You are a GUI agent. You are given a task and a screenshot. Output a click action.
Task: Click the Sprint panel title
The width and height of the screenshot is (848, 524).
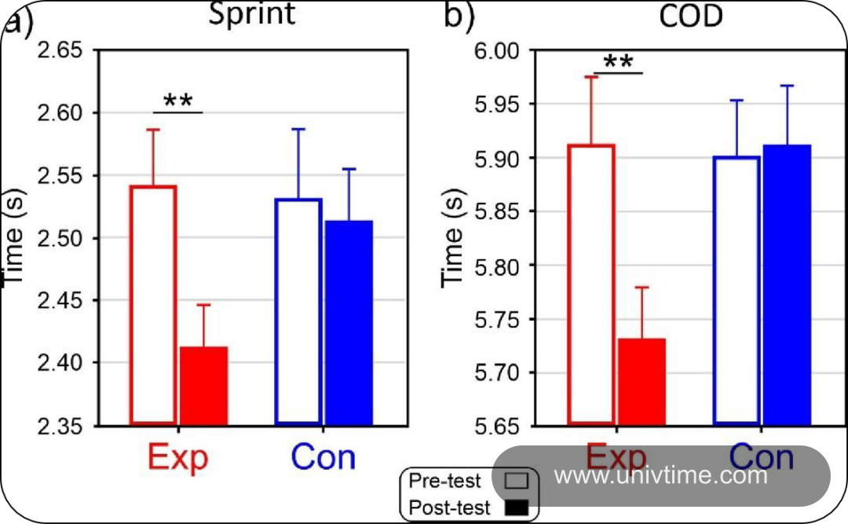click(252, 13)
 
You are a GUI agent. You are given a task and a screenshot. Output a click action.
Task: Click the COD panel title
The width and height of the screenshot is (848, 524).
click(691, 15)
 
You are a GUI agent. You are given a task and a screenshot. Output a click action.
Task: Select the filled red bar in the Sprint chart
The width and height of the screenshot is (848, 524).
click(204, 386)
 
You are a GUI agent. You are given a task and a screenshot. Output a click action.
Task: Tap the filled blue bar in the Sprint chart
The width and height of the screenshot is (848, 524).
click(349, 323)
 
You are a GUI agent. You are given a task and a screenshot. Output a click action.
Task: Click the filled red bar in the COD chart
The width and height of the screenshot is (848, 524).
click(642, 382)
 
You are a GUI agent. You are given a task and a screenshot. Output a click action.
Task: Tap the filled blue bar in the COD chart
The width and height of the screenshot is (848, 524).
click(787, 285)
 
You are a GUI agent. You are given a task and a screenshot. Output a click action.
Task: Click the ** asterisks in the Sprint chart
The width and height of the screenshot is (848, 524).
click(178, 100)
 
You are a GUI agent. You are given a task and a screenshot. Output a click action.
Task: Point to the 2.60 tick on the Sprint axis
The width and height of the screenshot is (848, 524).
click(60, 113)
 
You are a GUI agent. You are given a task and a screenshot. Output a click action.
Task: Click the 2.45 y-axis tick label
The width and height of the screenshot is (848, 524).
click(60, 301)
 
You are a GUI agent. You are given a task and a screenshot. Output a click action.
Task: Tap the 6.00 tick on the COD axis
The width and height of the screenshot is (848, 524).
click(497, 51)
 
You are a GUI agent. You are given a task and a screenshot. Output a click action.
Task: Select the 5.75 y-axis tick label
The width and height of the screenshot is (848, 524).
click(497, 320)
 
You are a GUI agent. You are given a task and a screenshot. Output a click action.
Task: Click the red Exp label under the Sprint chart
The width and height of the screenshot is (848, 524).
click(178, 457)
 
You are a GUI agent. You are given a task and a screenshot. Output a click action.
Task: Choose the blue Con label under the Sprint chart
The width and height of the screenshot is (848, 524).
click(323, 457)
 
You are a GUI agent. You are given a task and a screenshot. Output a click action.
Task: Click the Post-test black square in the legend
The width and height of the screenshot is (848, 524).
click(517, 508)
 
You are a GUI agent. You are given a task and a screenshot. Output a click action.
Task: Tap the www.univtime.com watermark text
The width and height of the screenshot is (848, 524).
click(660, 475)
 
